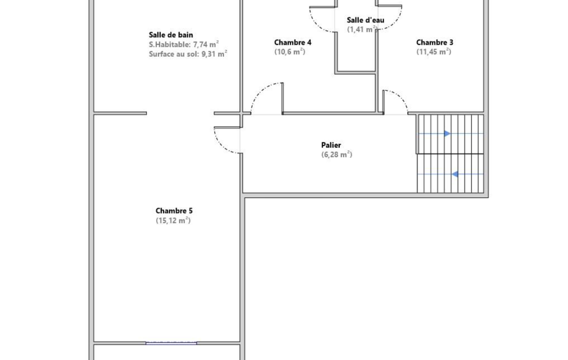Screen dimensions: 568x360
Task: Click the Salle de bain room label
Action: tap(171, 35)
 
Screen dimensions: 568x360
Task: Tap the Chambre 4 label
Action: tap(293, 43)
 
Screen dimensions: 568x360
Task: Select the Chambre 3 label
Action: tap(434, 43)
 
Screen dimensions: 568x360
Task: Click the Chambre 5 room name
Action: tap(174, 211)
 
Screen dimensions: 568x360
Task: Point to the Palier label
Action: tap(331, 145)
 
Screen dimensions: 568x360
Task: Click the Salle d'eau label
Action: tap(366, 20)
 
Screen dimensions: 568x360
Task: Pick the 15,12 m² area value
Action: tap(173, 220)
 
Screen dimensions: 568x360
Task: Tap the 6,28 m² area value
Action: tap(336, 155)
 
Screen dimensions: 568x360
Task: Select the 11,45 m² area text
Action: tap(434, 52)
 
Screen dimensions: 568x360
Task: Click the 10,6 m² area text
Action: tap(290, 52)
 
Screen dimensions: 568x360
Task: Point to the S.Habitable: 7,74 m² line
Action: tap(183, 44)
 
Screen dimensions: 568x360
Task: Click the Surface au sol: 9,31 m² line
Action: tap(188, 54)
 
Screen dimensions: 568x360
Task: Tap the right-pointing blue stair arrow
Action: tap(447, 133)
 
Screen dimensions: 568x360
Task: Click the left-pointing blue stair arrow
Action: tap(454, 174)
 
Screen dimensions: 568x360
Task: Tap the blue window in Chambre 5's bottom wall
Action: tap(171, 343)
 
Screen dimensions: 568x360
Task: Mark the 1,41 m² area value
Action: tap(362, 29)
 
